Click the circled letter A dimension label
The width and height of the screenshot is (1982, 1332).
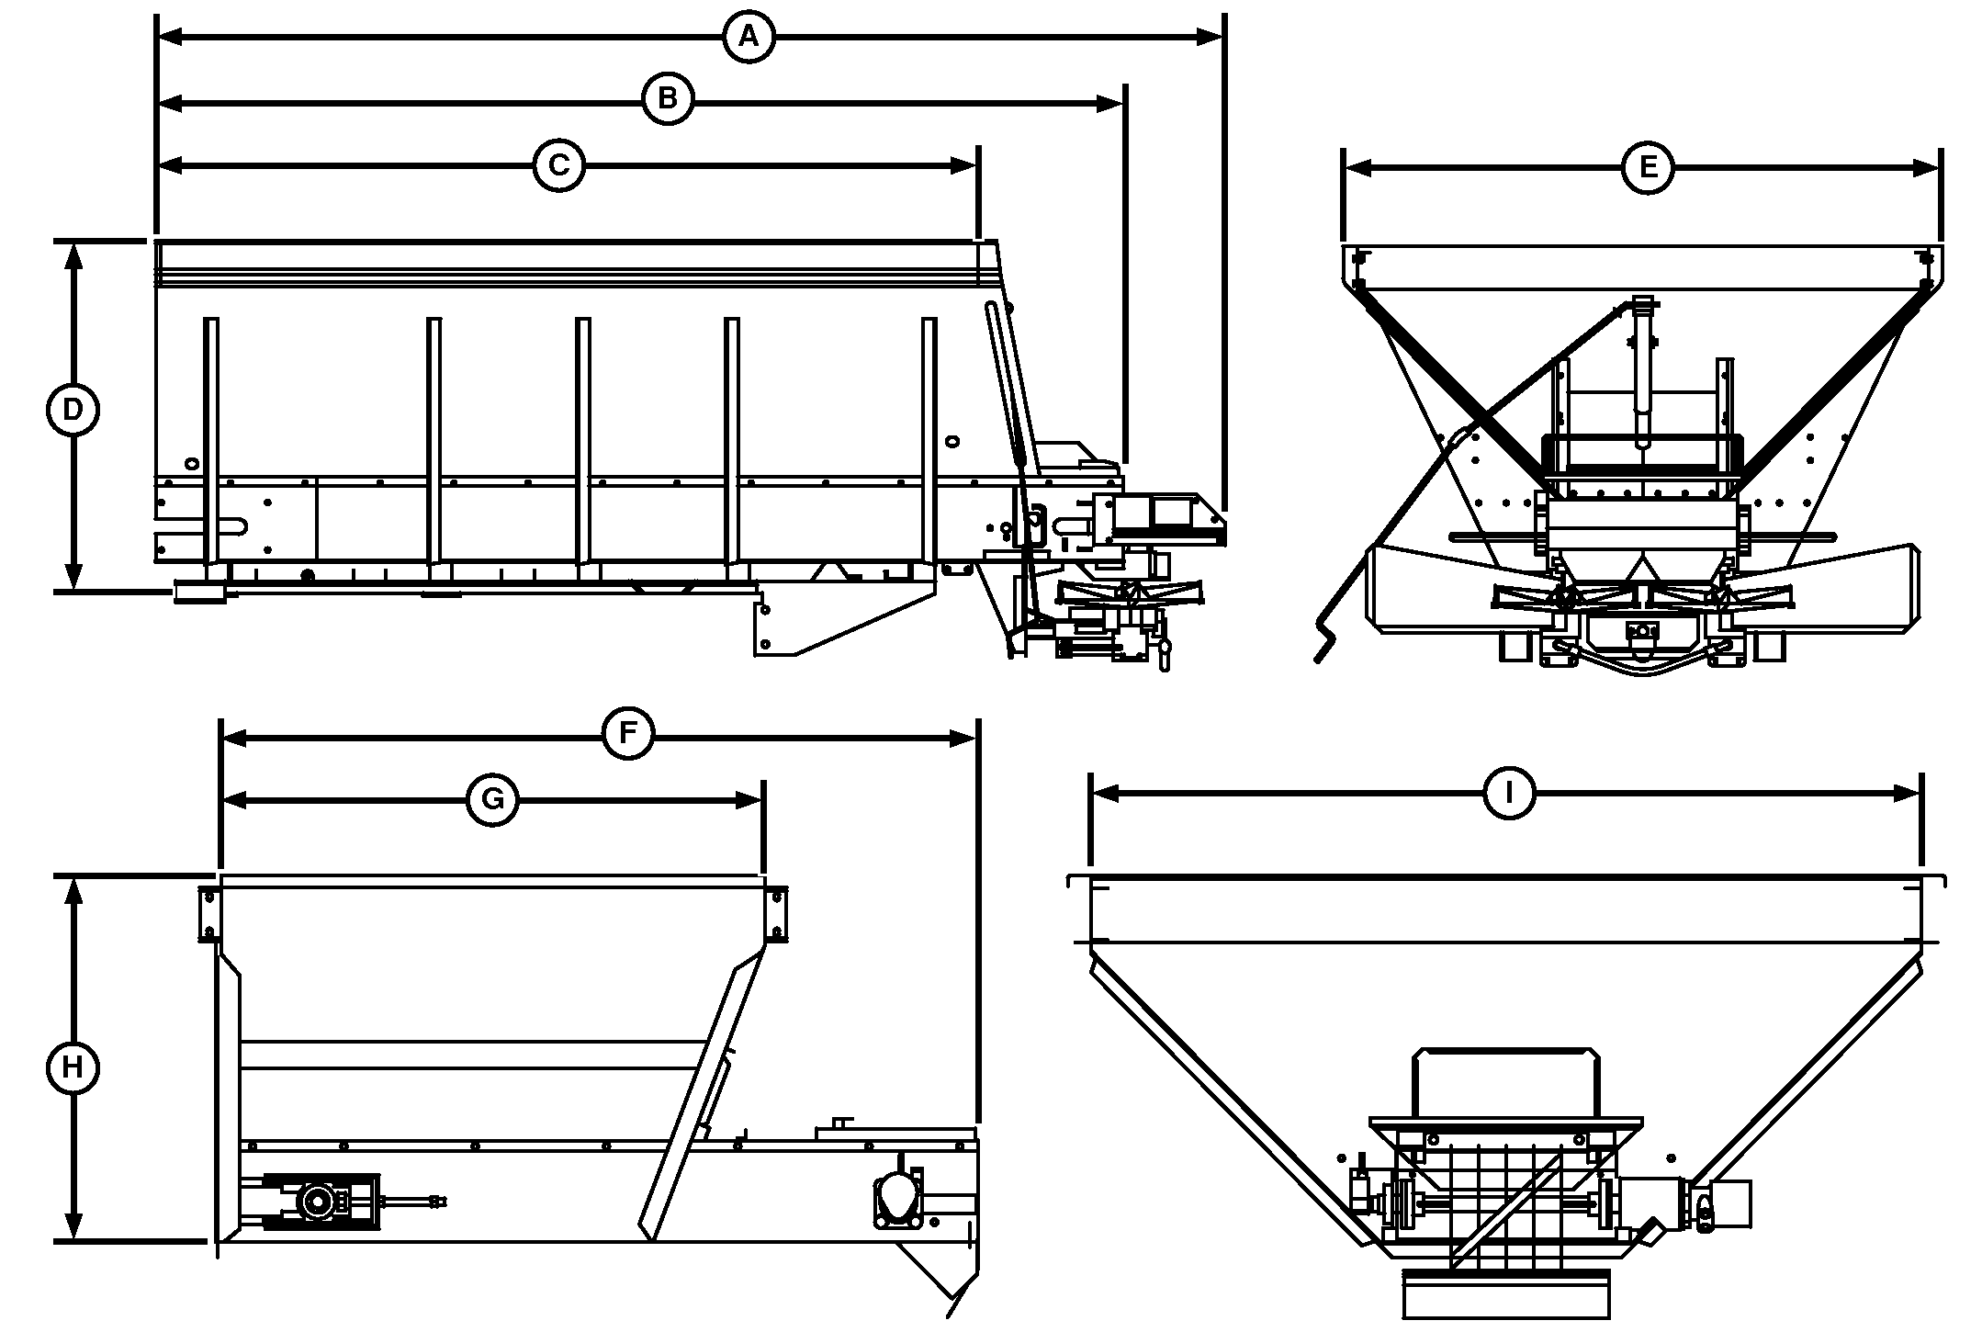pyautogui.click(x=749, y=37)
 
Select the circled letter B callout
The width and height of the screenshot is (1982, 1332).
pyautogui.click(x=668, y=97)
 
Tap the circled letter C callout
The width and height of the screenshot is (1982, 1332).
pyautogui.click(x=558, y=165)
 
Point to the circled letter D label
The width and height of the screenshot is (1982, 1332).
pyautogui.click(x=73, y=410)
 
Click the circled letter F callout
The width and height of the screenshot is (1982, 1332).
pyautogui.click(x=627, y=734)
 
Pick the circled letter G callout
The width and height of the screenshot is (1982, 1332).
pyautogui.click(x=492, y=800)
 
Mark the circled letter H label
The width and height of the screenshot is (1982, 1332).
pyautogui.click(x=73, y=1068)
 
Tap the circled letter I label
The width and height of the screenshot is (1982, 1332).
pyautogui.click(x=1510, y=794)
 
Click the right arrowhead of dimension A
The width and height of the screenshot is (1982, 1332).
pyautogui.click(x=1211, y=37)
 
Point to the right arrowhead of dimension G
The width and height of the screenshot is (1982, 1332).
pyautogui.click(x=749, y=800)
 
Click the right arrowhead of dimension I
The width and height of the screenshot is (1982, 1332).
pyautogui.click(x=1908, y=794)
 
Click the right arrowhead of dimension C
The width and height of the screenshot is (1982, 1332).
pyautogui.click(x=963, y=165)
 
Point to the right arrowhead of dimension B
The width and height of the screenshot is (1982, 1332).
pyautogui.click(x=1110, y=104)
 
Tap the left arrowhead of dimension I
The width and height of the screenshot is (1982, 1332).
pyautogui.click(x=1105, y=794)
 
